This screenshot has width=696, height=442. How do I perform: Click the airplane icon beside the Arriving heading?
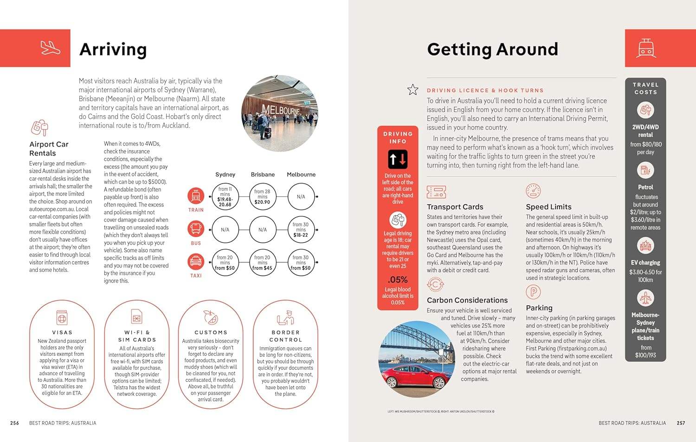(x=51, y=48)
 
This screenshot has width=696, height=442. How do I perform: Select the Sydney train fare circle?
(x=225, y=197)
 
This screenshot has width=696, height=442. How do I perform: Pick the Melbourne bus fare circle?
(x=301, y=230)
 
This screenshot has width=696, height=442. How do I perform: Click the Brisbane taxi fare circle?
(x=262, y=263)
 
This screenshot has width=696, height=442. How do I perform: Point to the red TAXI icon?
(x=196, y=262)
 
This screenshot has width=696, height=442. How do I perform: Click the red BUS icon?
(x=196, y=229)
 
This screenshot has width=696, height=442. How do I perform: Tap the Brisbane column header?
(x=263, y=175)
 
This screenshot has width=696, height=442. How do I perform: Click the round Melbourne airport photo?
(x=273, y=107)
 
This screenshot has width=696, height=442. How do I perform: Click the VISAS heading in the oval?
(x=62, y=332)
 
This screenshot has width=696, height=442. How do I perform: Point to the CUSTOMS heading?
(x=211, y=332)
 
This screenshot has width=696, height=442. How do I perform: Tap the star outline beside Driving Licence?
(x=412, y=90)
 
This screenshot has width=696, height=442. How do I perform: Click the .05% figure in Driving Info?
(x=398, y=280)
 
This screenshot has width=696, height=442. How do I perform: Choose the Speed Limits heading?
(x=548, y=207)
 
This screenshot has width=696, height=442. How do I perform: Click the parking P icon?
(x=533, y=292)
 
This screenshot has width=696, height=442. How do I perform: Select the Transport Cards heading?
(x=455, y=207)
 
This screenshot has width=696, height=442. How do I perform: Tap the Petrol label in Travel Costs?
(x=645, y=187)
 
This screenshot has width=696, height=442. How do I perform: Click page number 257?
(x=681, y=423)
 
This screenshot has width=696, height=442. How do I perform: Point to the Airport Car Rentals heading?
(x=49, y=149)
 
